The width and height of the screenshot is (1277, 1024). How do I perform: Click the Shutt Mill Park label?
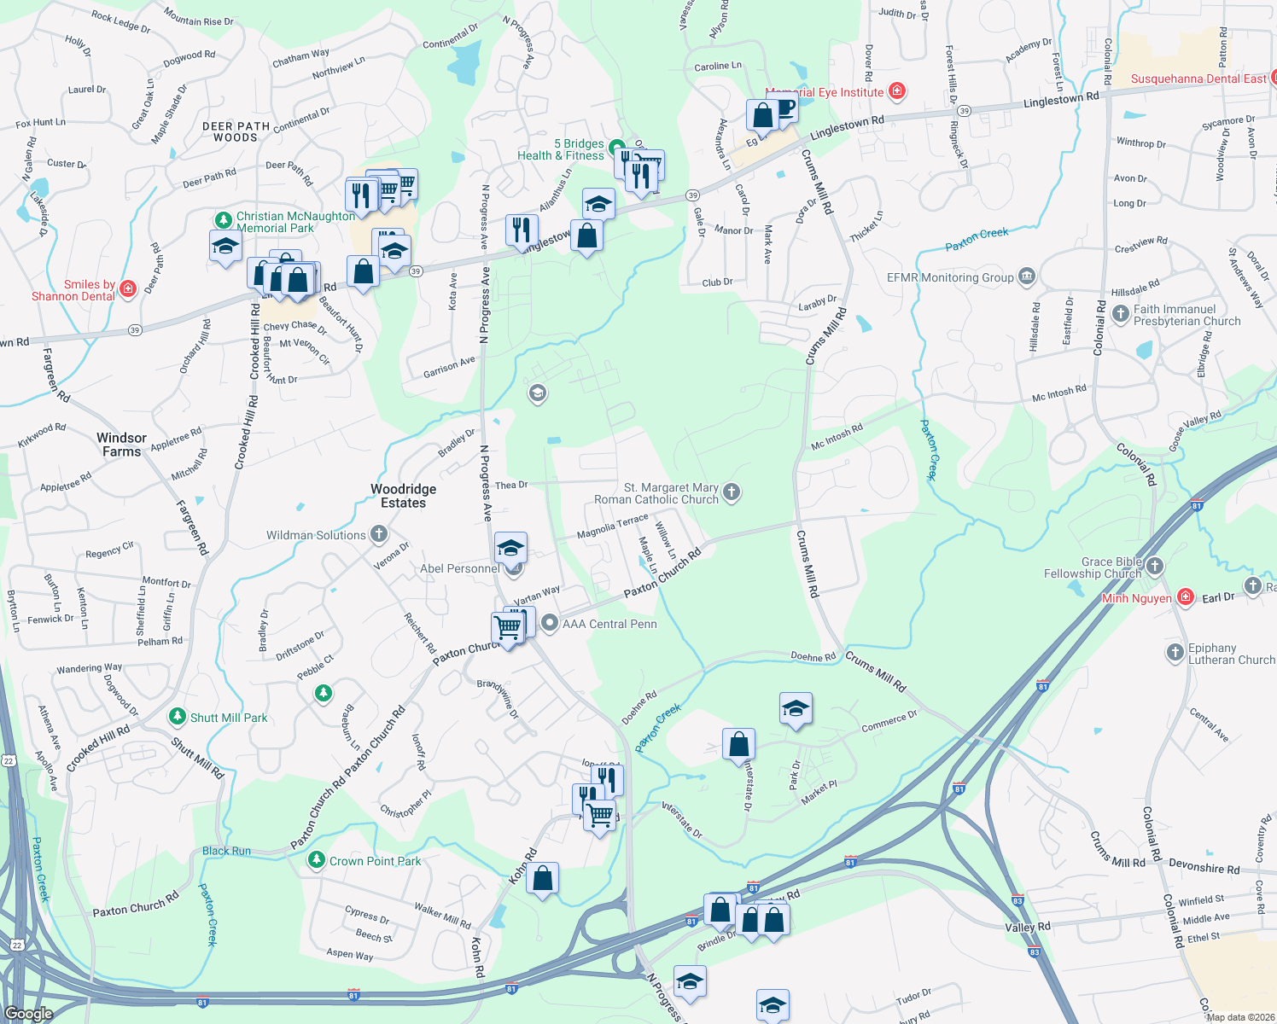click(x=229, y=718)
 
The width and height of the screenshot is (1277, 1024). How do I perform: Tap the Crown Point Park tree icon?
click(x=317, y=860)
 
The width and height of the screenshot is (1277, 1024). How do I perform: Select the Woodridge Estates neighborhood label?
click(x=403, y=496)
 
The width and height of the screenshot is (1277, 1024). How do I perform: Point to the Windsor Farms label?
click(x=121, y=445)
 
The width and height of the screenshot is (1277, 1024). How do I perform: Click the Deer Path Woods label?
click(x=236, y=131)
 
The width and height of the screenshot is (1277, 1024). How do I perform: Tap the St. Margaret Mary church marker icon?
click(x=732, y=492)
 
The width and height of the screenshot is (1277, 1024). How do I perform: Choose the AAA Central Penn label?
click(x=609, y=624)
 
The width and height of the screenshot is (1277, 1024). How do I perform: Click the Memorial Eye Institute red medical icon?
click(x=896, y=90)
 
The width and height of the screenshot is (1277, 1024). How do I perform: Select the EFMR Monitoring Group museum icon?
click(x=1027, y=276)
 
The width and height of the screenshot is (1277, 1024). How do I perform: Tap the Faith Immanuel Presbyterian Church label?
click(x=1187, y=315)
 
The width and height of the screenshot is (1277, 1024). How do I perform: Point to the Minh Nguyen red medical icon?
click(x=1185, y=597)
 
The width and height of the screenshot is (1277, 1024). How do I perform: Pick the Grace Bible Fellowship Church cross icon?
click(x=1155, y=565)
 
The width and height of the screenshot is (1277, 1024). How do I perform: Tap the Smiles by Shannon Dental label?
click(x=74, y=290)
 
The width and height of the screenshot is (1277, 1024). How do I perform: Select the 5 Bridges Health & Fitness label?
click(x=561, y=149)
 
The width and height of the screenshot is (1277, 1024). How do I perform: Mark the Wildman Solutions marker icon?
click(x=379, y=534)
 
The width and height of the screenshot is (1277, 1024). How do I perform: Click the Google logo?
click(x=28, y=1014)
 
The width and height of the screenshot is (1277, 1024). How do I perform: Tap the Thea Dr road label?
click(x=511, y=485)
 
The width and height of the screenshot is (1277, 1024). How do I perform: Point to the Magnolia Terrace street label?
click(x=612, y=527)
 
